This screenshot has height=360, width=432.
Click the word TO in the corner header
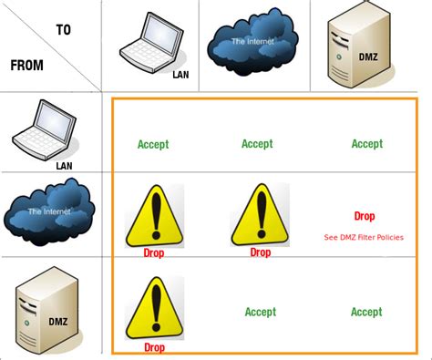pos(63,29)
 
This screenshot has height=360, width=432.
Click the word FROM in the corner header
pos(29,65)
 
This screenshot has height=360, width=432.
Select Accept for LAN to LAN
pos(153,144)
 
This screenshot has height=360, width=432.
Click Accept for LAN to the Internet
pos(257,144)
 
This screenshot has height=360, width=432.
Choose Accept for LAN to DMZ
pos(367,144)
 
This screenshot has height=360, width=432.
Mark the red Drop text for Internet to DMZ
pos(365,217)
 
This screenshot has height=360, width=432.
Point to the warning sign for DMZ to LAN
pos(153,308)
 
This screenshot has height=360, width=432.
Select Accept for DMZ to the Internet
pos(261,312)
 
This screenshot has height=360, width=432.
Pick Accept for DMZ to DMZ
pos(366,312)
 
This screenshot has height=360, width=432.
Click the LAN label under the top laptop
pos(180,75)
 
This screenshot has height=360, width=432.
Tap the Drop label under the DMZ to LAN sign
pos(154,347)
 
